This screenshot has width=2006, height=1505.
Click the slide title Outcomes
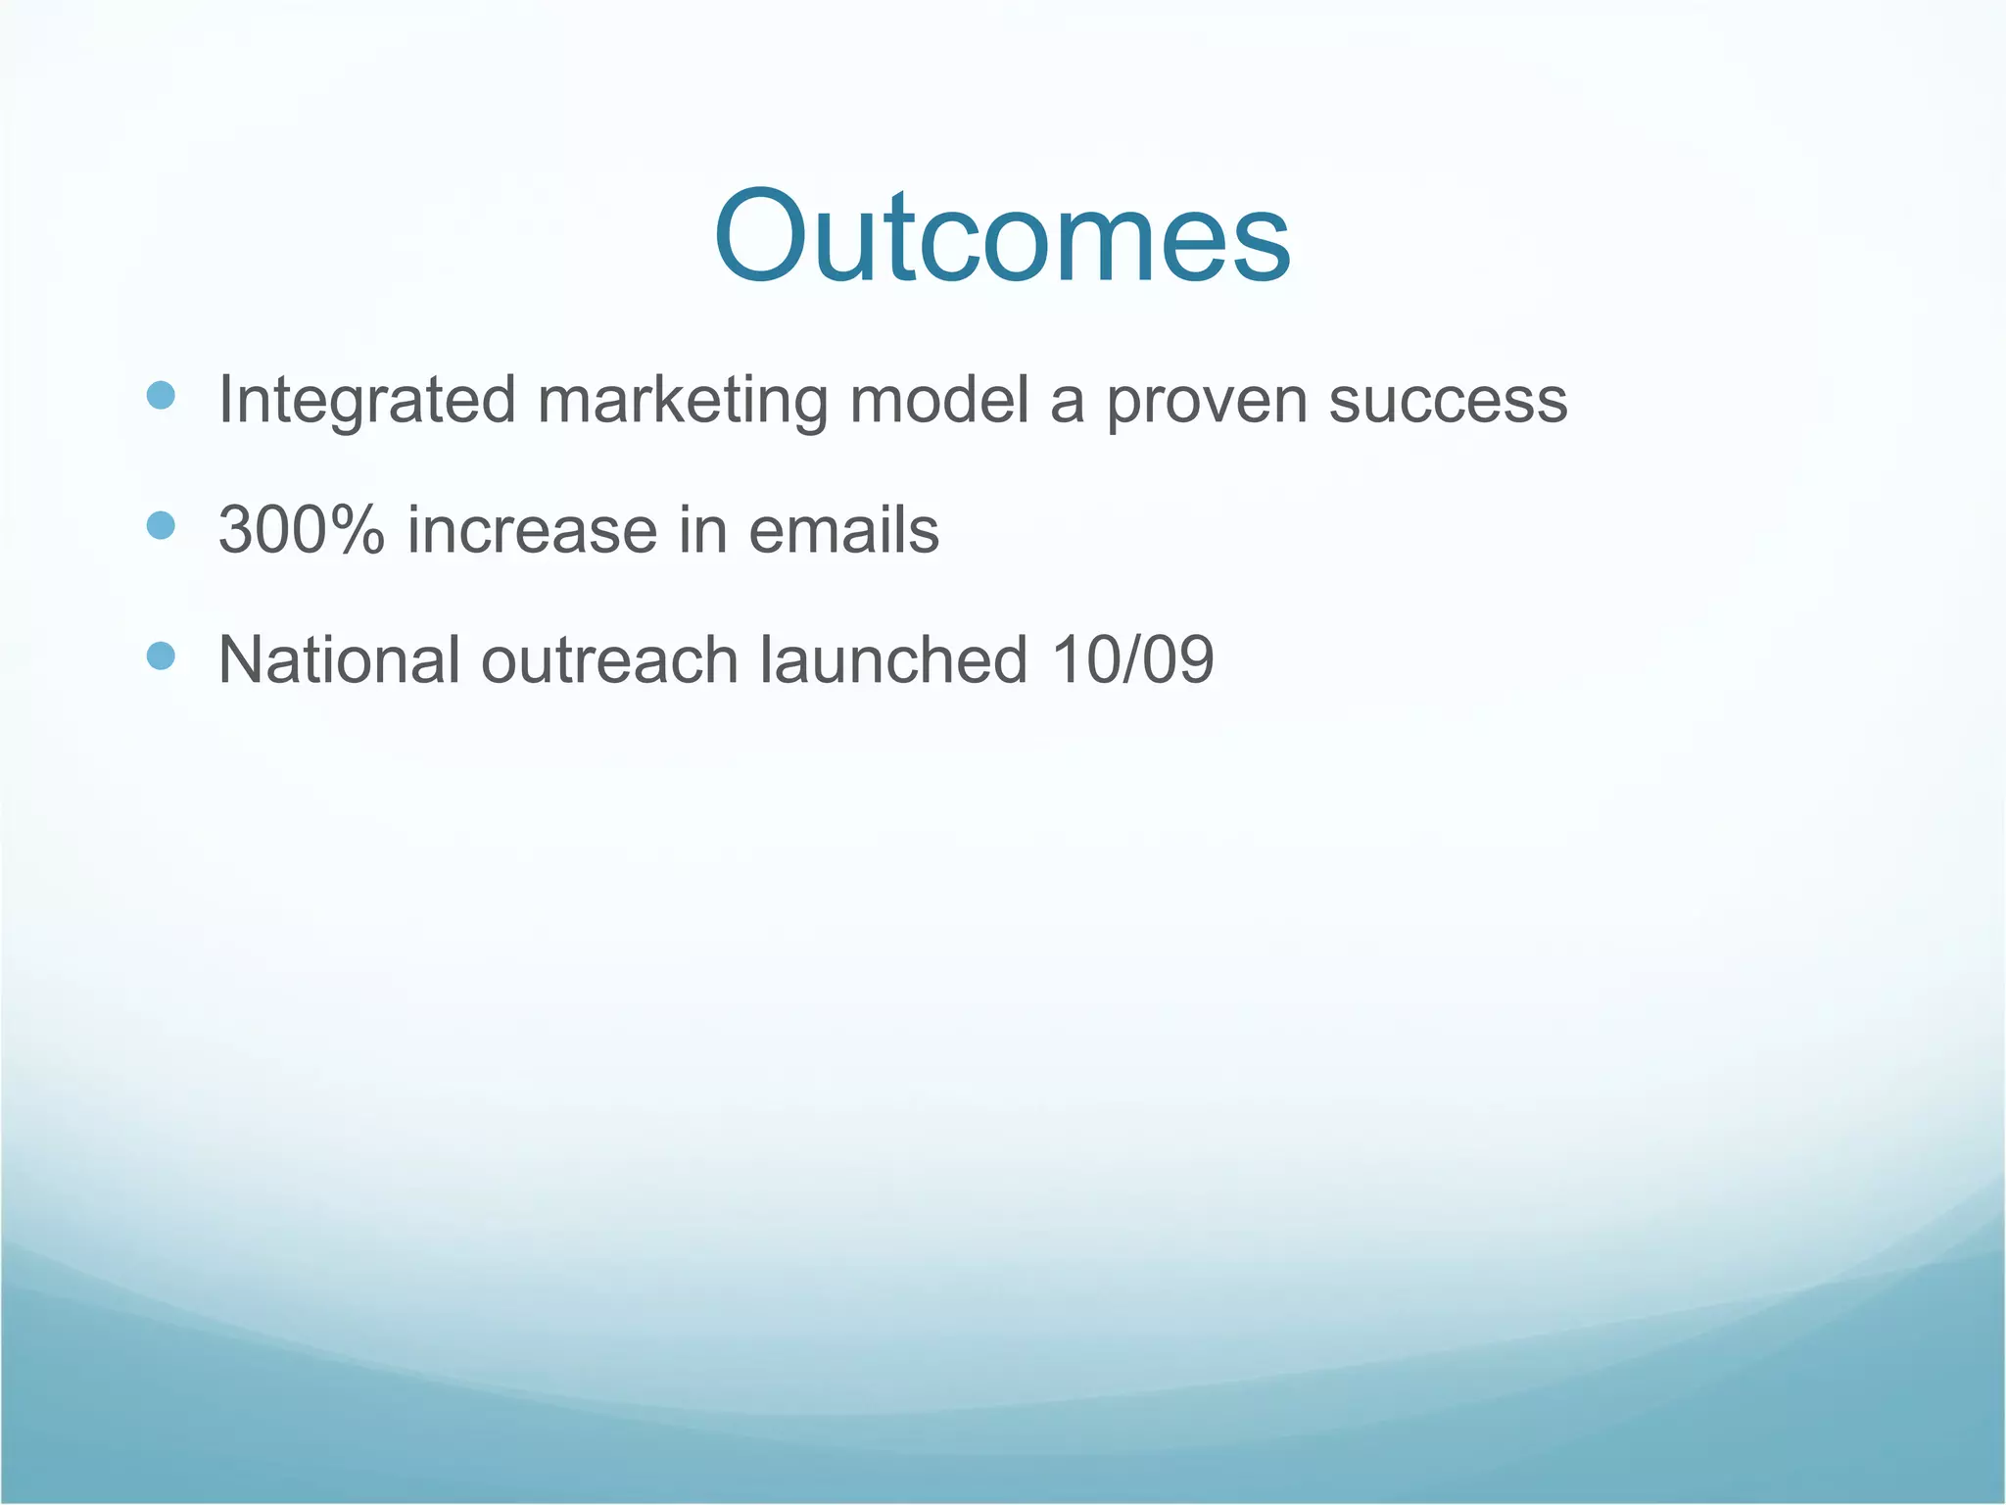[x=1002, y=238]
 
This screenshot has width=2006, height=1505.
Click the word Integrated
[x=366, y=402]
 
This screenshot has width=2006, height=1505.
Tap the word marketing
[x=682, y=402]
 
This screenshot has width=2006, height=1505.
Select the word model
[x=938, y=400]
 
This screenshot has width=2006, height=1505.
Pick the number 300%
[x=302, y=530]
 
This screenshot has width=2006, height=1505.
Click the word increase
[x=532, y=530]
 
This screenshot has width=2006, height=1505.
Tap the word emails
[x=843, y=530]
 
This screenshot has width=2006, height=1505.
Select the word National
[x=339, y=659]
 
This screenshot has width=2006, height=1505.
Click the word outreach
[x=609, y=659]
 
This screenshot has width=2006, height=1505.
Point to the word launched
[x=893, y=659]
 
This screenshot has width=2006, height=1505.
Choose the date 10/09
[x=1132, y=659]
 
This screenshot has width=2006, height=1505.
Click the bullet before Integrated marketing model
[x=160, y=396]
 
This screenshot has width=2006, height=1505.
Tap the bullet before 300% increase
[x=160, y=526]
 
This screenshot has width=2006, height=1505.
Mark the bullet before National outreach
[x=160, y=655]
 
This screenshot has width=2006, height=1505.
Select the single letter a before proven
[x=1067, y=406]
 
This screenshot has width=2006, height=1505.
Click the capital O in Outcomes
[x=766, y=238]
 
